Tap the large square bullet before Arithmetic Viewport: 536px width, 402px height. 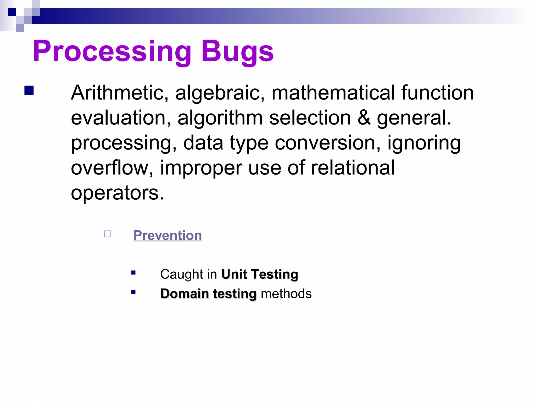(29, 90)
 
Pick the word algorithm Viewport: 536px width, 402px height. (220, 118)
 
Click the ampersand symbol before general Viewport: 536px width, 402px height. (364, 118)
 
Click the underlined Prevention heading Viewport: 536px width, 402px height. (168, 235)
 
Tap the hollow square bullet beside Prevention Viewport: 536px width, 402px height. (108, 234)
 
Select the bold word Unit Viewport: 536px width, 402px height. (234, 274)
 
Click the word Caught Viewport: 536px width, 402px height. (182, 274)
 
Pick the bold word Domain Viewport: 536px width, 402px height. (185, 294)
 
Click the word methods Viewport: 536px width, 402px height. (286, 294)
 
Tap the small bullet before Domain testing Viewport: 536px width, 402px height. (133, 292)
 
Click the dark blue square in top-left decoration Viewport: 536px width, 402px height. (12, 12)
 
